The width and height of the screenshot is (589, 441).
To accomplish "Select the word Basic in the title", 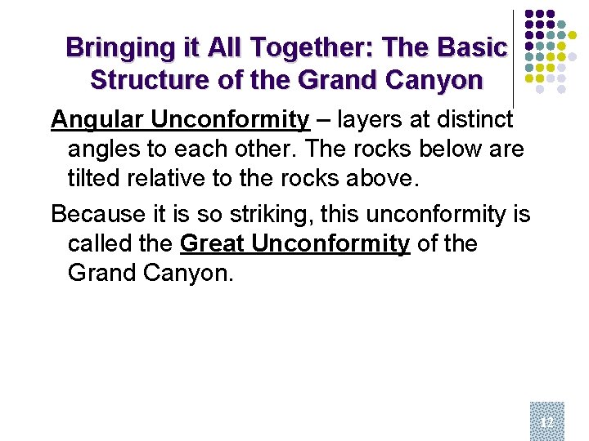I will click(x=472, y=48).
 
